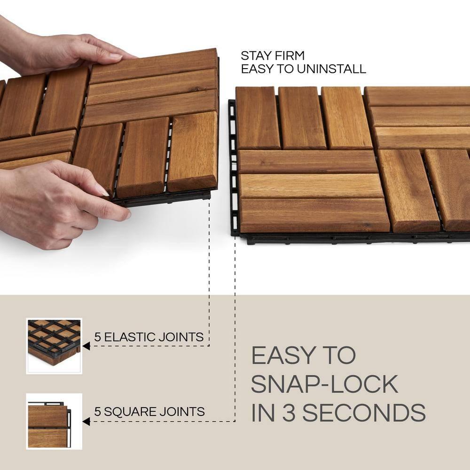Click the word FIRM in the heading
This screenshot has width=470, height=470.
tap(290, 56)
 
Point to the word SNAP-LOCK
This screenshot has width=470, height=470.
tap(324, 384)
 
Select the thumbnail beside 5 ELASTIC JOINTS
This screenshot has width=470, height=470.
tap(54, 346)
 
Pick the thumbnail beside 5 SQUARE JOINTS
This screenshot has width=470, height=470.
tap(54, 421)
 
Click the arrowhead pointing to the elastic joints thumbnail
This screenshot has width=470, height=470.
tap(86, 346)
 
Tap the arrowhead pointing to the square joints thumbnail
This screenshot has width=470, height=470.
tap(86, 421)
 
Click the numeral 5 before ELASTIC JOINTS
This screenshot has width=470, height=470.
tap(98, 337)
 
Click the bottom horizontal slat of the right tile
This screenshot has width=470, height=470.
tap(314, 215)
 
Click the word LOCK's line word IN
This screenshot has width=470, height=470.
tap(262, 412)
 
